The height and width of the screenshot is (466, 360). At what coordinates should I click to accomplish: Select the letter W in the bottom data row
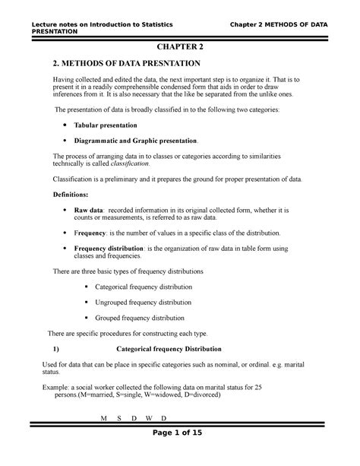click(150, 419)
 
